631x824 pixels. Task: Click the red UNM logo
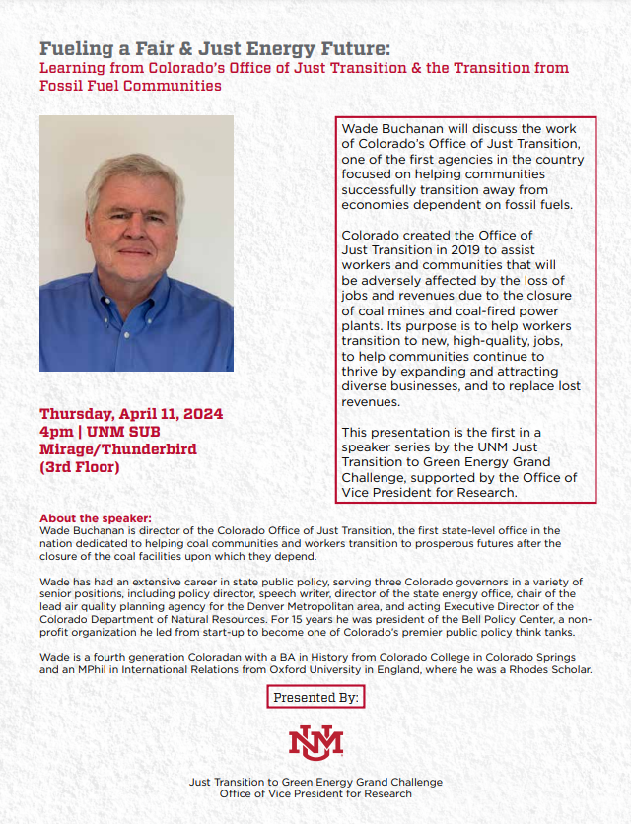pyautogui.click(x=315, y=741)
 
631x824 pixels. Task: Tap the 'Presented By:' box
pyautogui.click(x=315, y=698)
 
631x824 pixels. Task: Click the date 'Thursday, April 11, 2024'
pyautogui.click(x=131, y=414)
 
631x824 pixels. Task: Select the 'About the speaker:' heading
pyautogui.click(x=96, y=518)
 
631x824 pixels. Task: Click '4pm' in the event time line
pyautogui.click(x=56, y=432)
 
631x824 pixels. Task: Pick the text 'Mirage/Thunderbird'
pyautogui.click(x=118, y=449)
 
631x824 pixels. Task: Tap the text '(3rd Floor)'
pyautogui.click(x=80, y=467)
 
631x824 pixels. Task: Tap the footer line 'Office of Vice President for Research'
pyautogui.click(x=315, y=793)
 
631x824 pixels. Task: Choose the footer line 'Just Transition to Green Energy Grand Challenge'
pyautogui.click(x=315, y=782)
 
